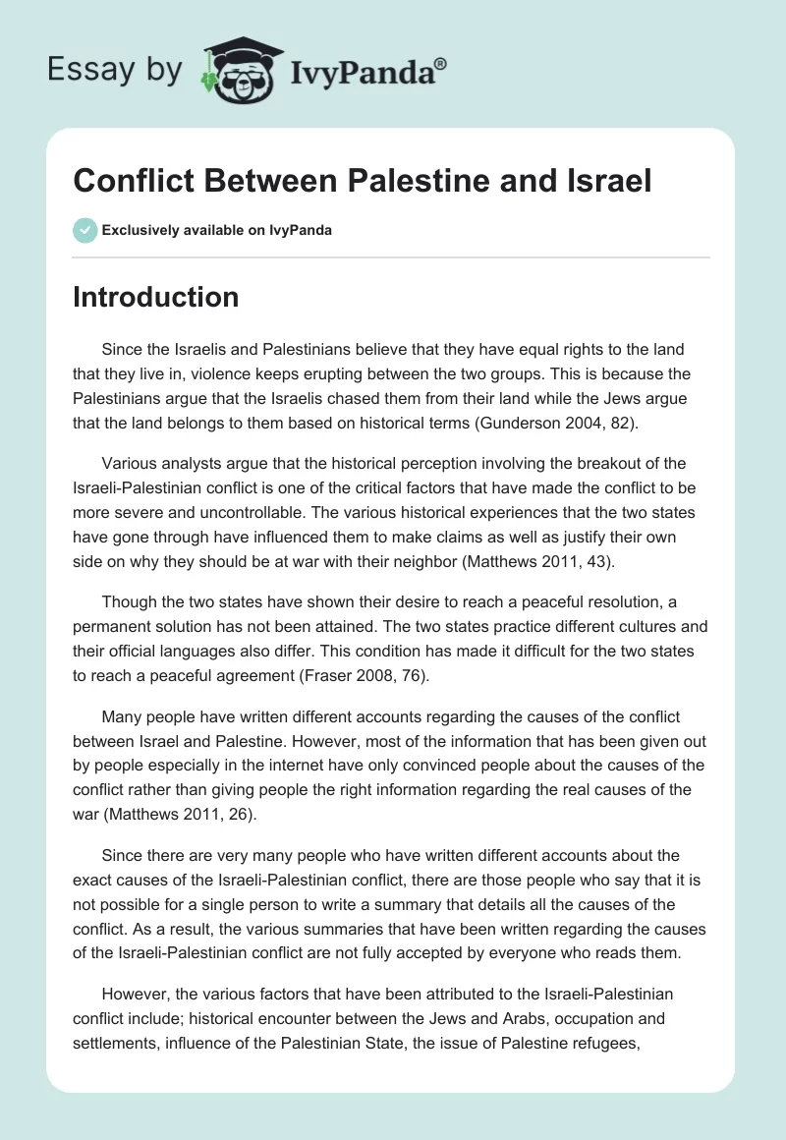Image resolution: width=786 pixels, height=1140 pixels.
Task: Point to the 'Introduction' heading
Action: pos(155,297)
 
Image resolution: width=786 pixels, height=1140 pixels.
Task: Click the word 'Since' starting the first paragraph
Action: pos(121,349)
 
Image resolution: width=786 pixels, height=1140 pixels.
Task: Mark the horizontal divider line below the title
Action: pos(391,258)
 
